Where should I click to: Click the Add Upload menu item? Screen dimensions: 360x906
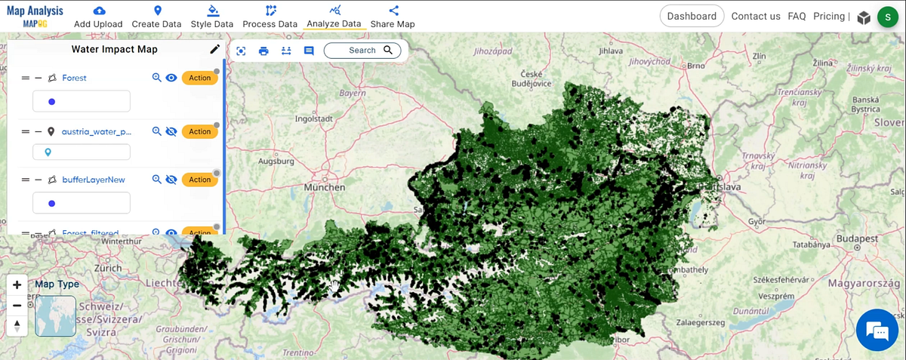(x=98, y=17)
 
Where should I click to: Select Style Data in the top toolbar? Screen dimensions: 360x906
(x=211, y=17)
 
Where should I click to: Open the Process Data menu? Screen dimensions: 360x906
(x=270, y=17)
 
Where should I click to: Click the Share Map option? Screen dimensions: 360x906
(x=393, y=17)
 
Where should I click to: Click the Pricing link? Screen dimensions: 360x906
(x=829, y=16)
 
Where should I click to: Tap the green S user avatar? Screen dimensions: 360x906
(x=887, y=17)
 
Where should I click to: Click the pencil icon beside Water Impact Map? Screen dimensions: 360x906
(x=215, y=49)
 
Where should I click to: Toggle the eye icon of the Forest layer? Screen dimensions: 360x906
(x=171, y=78)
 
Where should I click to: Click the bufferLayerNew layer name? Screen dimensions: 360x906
(x=94, y=180)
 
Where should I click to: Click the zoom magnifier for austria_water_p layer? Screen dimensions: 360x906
(x=156, y=131)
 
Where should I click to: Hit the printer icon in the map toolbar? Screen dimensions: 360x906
(x=263, y=51)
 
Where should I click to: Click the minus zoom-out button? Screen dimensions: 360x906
(x=17, y=306)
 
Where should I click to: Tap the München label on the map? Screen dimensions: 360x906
(x=324, y=187)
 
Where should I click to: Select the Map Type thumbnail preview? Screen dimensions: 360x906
(x=55, y=315)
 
